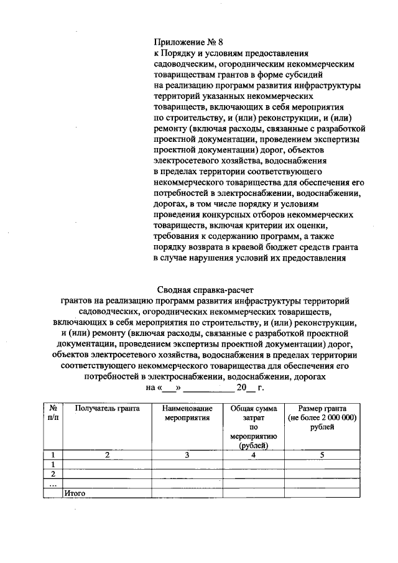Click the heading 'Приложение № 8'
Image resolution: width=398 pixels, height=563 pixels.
pos(188,43)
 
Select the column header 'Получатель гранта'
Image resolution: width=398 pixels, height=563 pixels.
pos(107,408)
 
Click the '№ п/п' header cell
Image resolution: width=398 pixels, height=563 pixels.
pos(53,413)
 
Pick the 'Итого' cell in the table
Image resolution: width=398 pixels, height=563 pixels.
pos(75,493)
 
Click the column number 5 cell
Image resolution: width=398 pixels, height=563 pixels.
pos(322,455)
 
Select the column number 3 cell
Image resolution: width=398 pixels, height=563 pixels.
pos(188,455)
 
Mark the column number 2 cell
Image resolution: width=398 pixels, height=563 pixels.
pos(107,455)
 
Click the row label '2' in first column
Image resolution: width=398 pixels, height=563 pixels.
pos(53,473)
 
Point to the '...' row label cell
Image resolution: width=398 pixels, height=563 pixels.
pos(53,483)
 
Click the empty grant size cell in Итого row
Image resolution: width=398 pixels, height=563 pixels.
pos(322,493)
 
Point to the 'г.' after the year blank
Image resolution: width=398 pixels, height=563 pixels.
pos(261,388)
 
